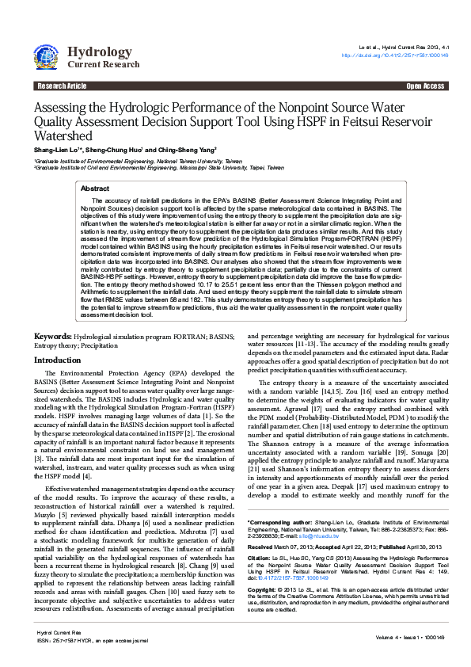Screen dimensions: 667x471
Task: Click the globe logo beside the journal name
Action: (46, 55)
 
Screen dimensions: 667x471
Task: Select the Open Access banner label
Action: (425, 86)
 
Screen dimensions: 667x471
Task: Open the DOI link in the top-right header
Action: (395, 55)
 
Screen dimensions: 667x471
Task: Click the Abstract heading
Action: (96, 189)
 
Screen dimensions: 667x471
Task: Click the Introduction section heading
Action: (57, 360)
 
